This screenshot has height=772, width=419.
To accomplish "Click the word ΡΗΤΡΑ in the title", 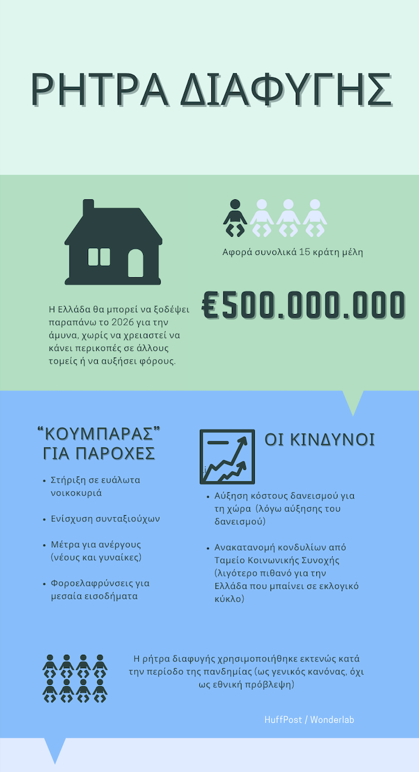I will click(x=99, y=90).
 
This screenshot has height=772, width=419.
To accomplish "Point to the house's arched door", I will click(x=136, y=262).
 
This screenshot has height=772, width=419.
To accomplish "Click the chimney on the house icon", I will click(x=88, y=208).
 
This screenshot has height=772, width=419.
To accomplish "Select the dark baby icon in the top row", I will click(x=235, y=217).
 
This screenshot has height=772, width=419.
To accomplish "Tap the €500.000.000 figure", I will click(x=303, y=306).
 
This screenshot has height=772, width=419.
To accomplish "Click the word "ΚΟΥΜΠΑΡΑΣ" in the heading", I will click(x=102, y=434).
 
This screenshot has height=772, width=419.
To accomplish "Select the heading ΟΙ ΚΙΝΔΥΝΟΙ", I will click(x=319, y=440).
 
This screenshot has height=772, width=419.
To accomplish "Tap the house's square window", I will click(x=99, y=257).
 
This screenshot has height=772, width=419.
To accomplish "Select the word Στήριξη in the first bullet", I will click(x=68, y=480).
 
